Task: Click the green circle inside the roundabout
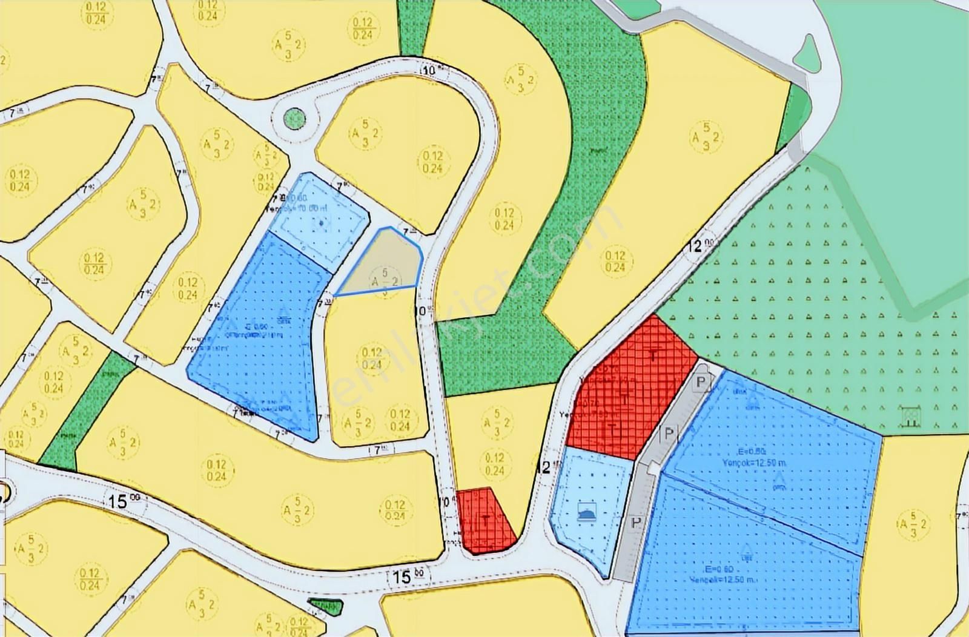[x=294, y=117]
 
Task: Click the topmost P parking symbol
[x=701, y=383]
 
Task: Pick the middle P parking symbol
[x=669, y=434]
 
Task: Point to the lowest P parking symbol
[x=635, y=523]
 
